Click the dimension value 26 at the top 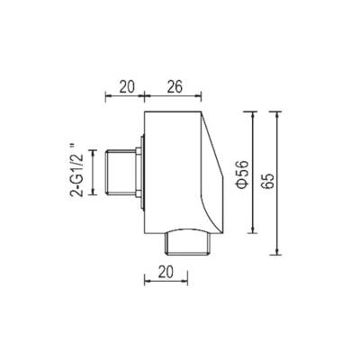coord(175,87)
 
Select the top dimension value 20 coord(128,87)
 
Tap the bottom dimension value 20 coord(166,273)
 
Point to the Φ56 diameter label coord(243,175)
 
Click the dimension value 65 coord(268,181)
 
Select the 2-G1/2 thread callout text coord(76,170)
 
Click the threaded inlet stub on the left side coord(121,173)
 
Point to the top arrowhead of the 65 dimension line coord(277,114)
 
